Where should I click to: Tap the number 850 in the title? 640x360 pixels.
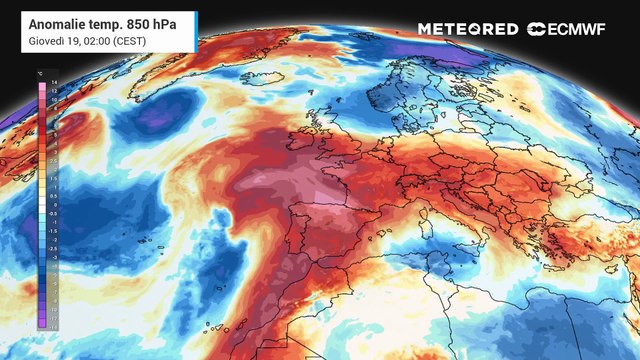(x=142, y=22)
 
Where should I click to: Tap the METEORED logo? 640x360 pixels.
(x=467, y=29)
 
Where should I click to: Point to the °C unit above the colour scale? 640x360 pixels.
(x=39, y=71)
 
